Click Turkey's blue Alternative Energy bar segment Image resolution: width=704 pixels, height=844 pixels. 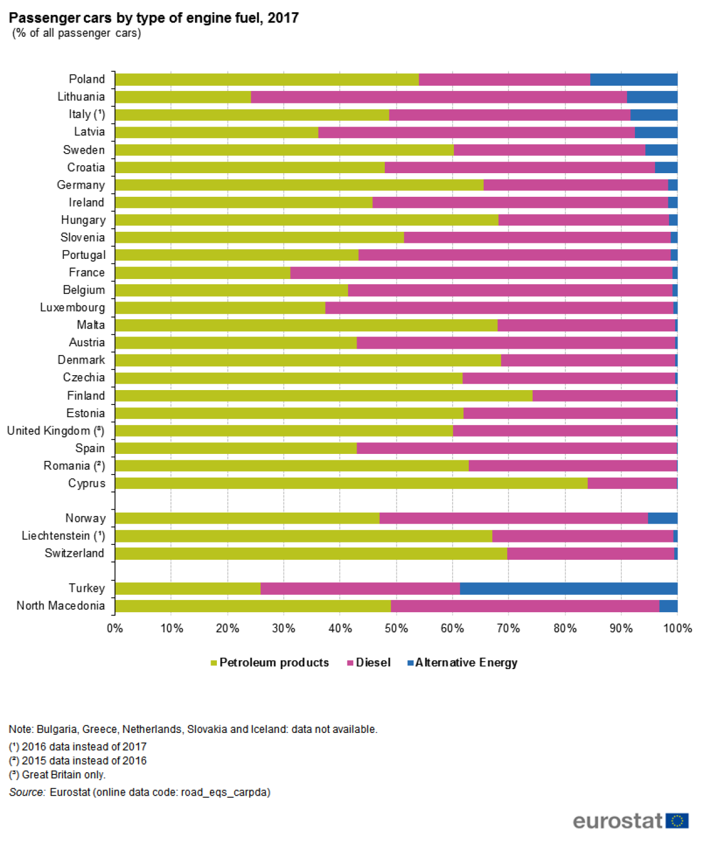[x=568, y=588]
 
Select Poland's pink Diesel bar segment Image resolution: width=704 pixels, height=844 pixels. [x=504, y=79]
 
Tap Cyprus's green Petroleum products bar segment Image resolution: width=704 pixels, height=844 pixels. [x=351, y=483]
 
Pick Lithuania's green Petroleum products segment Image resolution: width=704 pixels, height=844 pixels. [x=183, y=97]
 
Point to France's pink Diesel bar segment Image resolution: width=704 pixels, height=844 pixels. [x=481, y=273]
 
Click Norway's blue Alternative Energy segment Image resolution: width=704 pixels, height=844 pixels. [x=662, y=518]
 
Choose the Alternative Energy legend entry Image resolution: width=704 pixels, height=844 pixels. [x=465, y=663]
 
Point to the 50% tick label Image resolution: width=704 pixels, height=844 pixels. [x=396, y=628]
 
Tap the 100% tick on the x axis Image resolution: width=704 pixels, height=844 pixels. [x=677, y=628]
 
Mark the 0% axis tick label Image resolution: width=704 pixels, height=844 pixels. [x=115, y=628]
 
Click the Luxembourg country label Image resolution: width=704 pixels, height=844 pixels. [x=72, y=308]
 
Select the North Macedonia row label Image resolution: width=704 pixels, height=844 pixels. [x=60, y=606]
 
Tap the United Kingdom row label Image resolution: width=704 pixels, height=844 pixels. [x=55, y=431]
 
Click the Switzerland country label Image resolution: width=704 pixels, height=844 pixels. [x=75, y=553]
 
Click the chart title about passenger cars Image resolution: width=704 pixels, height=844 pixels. [x=154, y=18]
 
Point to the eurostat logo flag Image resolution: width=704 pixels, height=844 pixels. [x=677, y=820]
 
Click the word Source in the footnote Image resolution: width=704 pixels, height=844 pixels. [x=27, y=792]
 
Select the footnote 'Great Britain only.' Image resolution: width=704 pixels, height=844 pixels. [x=63, y=775]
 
